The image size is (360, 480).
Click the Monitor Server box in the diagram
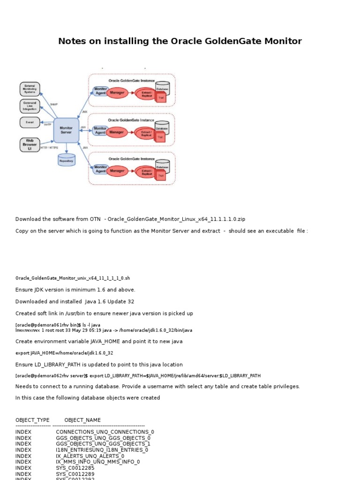(66, 130)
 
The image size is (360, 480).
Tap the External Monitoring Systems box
(30, 89)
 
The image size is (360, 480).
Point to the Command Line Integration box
(30, 106)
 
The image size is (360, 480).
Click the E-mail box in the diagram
(30, 122)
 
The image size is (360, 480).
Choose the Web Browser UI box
(30, 144)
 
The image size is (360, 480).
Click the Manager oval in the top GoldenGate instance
(117, 93)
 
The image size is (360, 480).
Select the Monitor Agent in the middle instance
(100, 131)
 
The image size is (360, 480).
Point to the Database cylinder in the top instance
(162, 88)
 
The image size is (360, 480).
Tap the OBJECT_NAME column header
(82, 420)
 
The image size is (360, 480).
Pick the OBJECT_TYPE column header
(32, 420)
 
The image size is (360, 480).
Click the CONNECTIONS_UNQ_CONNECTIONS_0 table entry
(105, 432)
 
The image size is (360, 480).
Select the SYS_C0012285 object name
(75, 467)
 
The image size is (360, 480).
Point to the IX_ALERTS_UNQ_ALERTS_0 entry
(90, 456)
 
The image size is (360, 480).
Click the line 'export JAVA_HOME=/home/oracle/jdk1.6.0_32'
(64, 353)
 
